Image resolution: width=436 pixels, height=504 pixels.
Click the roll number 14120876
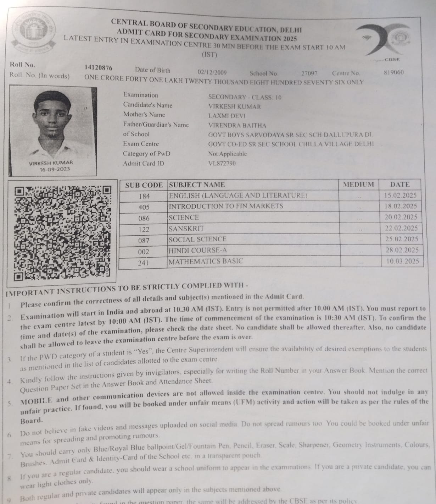[98, 68]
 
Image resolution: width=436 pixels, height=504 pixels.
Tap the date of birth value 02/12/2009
[212, 73]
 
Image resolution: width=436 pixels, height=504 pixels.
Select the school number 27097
[309, 73]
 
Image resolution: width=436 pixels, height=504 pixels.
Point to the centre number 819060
[393, 72]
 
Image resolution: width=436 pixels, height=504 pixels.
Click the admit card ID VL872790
[222, 163]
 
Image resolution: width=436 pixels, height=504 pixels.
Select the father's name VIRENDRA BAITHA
[237, 125]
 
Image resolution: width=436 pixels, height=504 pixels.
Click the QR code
[62, 231]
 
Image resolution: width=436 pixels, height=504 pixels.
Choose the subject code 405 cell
[144, 207]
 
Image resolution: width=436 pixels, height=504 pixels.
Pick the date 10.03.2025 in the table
[402, 261]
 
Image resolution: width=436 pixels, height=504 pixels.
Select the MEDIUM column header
[358, 185]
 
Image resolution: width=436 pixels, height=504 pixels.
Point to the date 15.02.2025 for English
[400, 195]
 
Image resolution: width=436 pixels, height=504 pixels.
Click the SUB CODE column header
[144, 185]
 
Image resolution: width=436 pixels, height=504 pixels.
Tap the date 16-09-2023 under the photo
[55, 169]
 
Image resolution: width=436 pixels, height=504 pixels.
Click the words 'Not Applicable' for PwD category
[227, 154]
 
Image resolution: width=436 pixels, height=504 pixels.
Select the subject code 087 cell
[144, 240]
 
